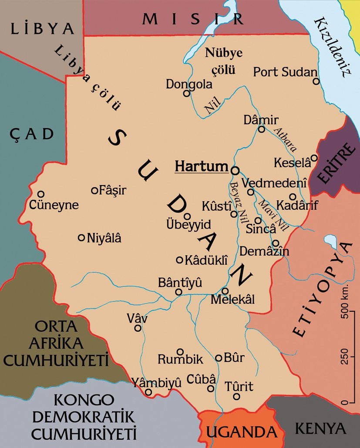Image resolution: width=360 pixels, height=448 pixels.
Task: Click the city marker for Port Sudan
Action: click(x=316, y=81)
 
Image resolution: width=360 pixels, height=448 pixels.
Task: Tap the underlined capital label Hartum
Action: click(x=201, y=166)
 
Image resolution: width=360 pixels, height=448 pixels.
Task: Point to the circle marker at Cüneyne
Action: click(x=41, y=194)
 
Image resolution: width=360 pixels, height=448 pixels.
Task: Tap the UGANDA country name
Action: click(x=242, y=432)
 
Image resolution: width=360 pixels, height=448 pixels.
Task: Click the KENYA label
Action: click(x=321, y=428)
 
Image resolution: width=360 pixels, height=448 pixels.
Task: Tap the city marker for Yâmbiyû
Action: click(x=148, y=392)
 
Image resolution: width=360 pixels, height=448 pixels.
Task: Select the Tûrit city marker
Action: click(x=236, y=397)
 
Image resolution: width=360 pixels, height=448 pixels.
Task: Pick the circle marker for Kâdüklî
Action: click(x=179, y=260)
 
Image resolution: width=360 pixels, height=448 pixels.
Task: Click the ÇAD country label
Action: click(x=32, y=134)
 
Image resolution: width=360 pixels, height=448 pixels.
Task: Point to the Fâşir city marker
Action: click(x=94, y=190)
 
